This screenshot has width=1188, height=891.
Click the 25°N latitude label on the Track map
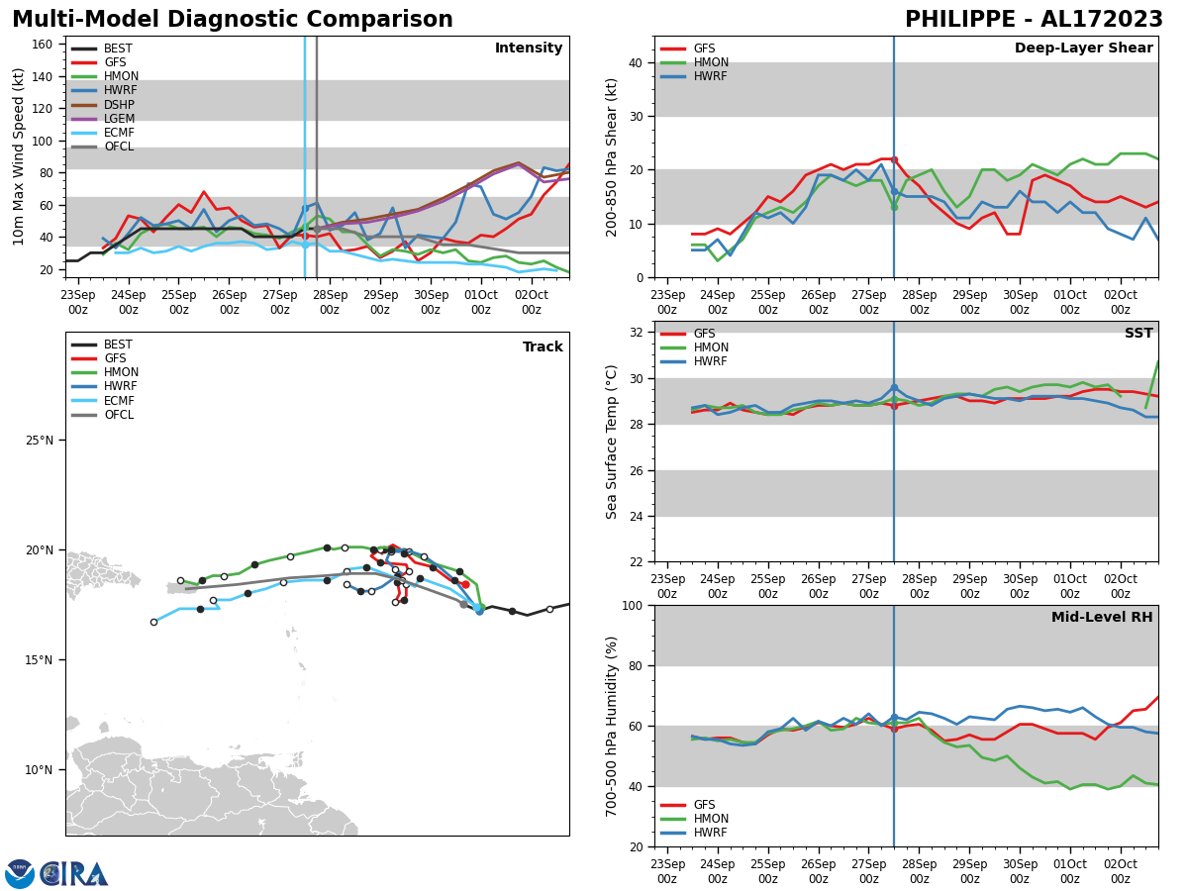tap(45, 441)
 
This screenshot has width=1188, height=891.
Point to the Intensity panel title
tap(529, 49)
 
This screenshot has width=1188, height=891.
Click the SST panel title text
tap(1138, 334)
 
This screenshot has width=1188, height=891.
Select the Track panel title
tap(543, 347)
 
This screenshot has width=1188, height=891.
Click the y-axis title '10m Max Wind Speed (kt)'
tap(18, 156)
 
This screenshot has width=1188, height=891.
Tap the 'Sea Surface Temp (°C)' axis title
tap(612, 442)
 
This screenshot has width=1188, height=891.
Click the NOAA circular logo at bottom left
tap(19, 874)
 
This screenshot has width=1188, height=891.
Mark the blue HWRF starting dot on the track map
tap(479, 611)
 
